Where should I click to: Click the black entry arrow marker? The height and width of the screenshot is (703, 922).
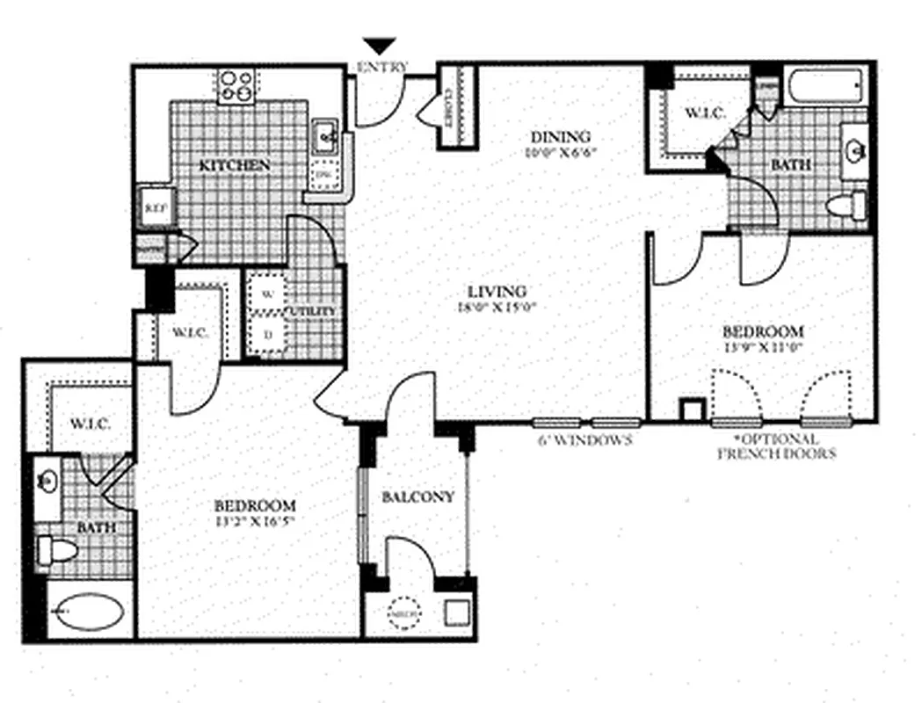381,47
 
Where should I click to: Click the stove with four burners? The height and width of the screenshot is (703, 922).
236,85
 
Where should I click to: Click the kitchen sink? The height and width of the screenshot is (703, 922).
325,137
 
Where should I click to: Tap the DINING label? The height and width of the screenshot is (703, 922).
559,136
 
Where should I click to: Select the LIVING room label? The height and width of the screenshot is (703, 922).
497,292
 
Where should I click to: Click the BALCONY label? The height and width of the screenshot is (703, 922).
418,496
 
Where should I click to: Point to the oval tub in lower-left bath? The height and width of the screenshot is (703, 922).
85,612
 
